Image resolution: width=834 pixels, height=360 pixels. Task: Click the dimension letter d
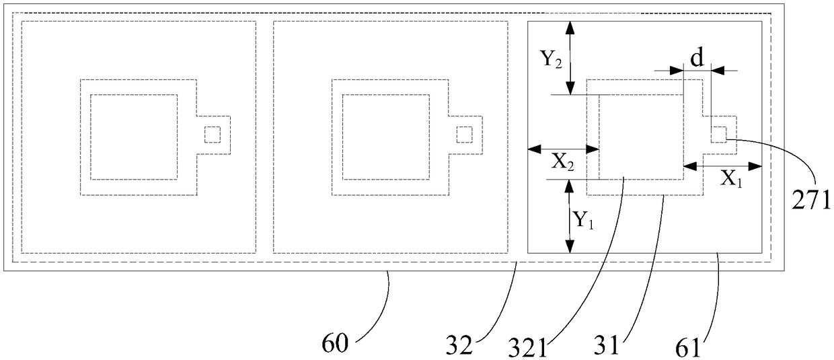click(x=697, y=59)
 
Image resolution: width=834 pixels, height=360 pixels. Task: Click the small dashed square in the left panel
click(x=212, y=135)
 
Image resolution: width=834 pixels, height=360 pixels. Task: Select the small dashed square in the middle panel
click(x=464, y=135)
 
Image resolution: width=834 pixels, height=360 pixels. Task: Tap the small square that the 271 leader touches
click(x=719, y=134)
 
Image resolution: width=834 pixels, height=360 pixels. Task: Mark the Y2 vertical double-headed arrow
click(x=570, y=58)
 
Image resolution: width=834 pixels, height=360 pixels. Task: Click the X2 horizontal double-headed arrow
click(x=563, y=149)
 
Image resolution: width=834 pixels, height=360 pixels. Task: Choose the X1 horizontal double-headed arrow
click(x=723, y=165)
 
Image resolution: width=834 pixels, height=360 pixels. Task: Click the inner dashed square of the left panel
click(x=134, y=137)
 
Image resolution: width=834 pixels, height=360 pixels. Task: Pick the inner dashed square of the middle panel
click(x=386, y=137)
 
